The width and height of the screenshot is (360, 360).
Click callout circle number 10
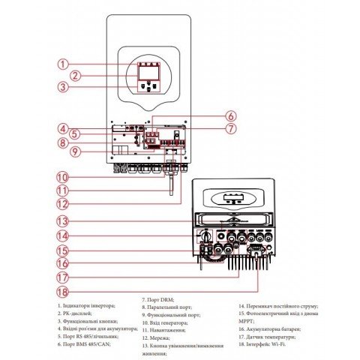coord(64,178)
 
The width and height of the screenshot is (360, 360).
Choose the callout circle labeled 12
coord(64,202)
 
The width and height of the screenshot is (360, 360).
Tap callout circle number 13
coord(64,221)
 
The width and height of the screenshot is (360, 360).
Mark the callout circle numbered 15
coord(64,250)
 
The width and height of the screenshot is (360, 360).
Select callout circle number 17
coord(64,276)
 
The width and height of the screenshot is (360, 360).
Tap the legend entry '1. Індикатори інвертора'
coord(87,306)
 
